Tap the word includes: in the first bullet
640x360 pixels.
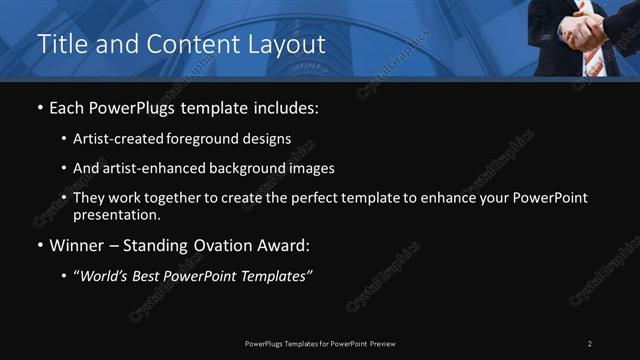coord(287,107)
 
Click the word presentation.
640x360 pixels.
coord(117,214)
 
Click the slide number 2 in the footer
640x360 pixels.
coord(590,343)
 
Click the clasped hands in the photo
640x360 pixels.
coord(583,30)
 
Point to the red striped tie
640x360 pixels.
coord(594,62)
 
